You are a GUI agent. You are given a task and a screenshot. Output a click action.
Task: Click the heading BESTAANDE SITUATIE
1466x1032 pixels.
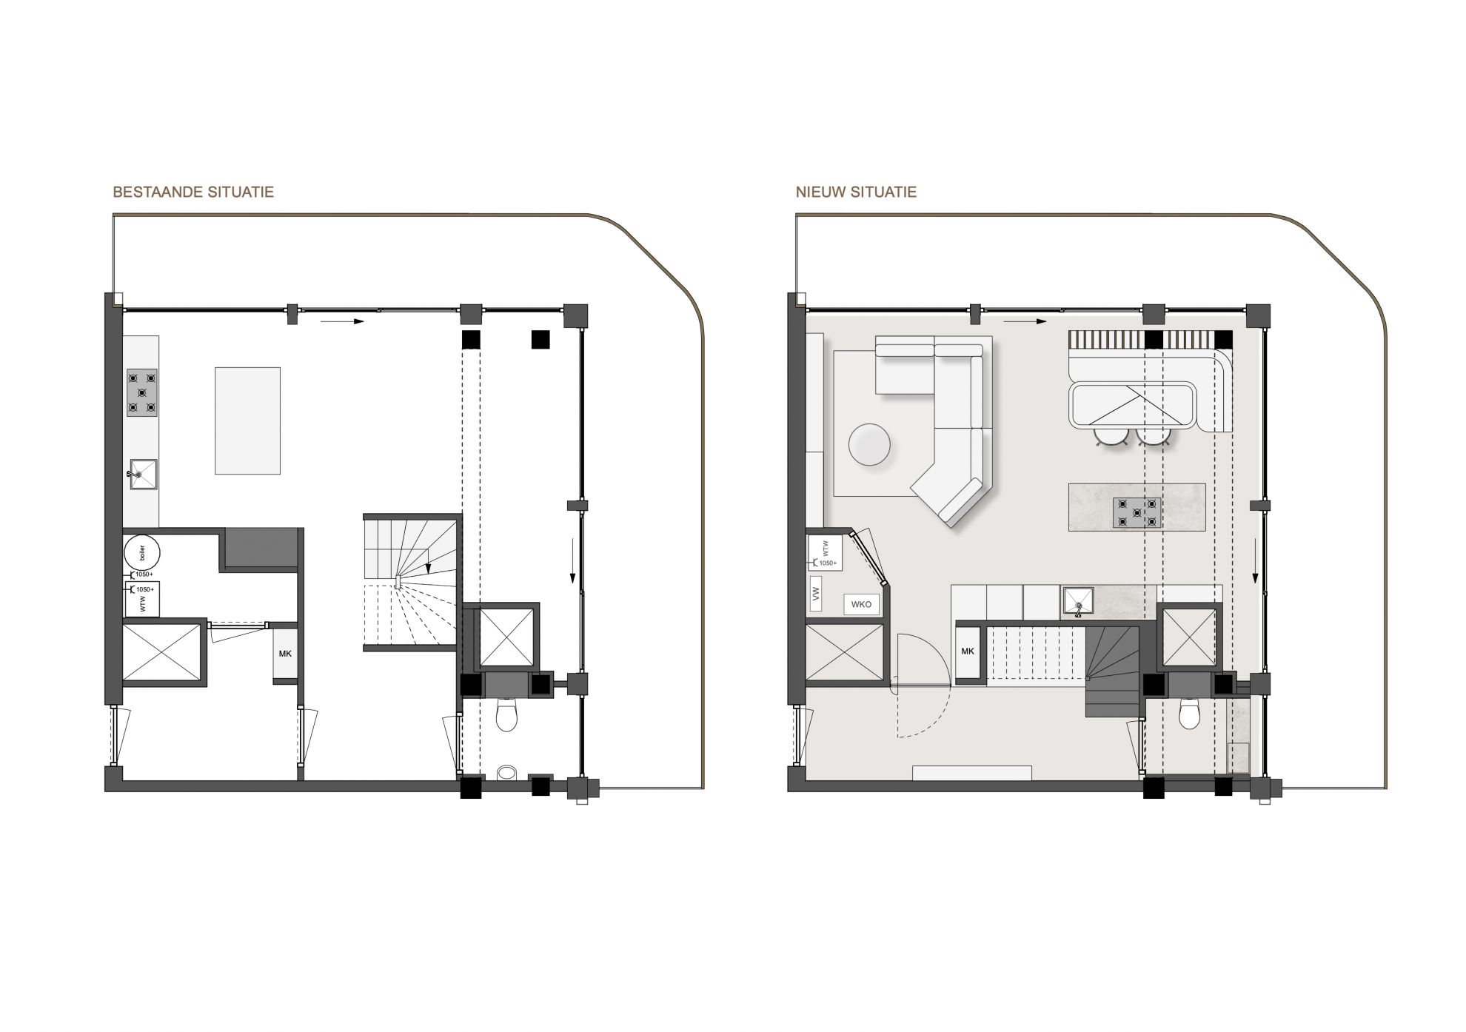click(193, 192)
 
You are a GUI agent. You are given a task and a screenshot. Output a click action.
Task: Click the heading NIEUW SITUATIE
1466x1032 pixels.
click(857, 192)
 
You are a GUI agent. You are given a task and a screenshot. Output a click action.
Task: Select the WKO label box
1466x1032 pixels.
click(861, 604)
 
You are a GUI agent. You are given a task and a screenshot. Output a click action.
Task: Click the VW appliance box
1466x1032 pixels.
click(817, 594)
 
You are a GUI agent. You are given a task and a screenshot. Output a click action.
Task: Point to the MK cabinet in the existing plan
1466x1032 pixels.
click(285, 654)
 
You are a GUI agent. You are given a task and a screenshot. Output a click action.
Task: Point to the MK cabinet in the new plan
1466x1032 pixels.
click(968, 652)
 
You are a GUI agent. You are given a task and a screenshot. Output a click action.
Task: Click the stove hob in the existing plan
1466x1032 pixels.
click(142, 392)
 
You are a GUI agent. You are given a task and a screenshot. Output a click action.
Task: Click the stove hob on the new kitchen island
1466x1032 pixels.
click(1137, 512)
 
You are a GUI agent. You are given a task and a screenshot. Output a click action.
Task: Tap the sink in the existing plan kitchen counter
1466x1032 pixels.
click(143, 474)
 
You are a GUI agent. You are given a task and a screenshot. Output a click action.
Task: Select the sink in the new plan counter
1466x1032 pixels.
click(1078, 601)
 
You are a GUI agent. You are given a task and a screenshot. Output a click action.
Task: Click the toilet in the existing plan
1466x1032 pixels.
click(506, 714)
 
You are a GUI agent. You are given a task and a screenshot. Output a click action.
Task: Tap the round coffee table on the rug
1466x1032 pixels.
click(870, 444)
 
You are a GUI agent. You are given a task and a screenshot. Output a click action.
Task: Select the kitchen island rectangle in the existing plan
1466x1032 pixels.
click(248, 420)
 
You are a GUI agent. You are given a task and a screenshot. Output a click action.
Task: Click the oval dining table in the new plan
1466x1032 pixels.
click(1133, 406)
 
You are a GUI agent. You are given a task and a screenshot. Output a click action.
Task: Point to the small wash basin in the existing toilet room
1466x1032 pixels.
click(508, 772)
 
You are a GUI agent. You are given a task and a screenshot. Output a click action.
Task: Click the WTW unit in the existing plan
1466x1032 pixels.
click(144, 598)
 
